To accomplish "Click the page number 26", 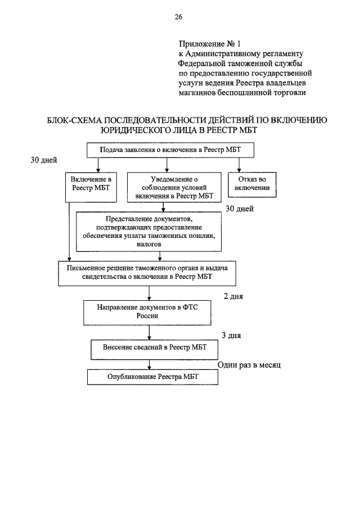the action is click(178, 17).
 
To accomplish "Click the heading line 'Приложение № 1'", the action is click(210, 43).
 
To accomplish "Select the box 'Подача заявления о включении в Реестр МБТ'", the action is click(170, 150).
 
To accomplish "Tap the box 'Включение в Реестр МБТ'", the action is click(91, 187).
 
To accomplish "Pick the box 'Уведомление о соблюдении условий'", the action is click(174, 187).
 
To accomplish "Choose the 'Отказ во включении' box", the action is click(252, 184).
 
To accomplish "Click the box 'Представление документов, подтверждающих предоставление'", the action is click(149, 232).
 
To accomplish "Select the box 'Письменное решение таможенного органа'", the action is click(147, 273).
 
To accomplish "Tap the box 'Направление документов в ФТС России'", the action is click(147, 313).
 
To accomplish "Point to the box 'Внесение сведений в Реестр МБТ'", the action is click(154, 350).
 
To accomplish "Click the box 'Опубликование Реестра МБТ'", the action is click(152, 377).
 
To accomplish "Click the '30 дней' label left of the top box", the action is click(44, 160).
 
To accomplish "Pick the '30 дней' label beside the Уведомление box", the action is click(240, 209).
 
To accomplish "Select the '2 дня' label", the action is click(233, 296).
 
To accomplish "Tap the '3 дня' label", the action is click(231, 336).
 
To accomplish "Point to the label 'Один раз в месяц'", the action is click(249, 365).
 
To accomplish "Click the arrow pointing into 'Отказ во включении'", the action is click(239, 165).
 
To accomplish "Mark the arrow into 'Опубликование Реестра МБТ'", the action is click(149, 365).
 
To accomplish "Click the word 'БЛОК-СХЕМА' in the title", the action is click(74, 120).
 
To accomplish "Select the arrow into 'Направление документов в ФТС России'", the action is click(149, 293).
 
